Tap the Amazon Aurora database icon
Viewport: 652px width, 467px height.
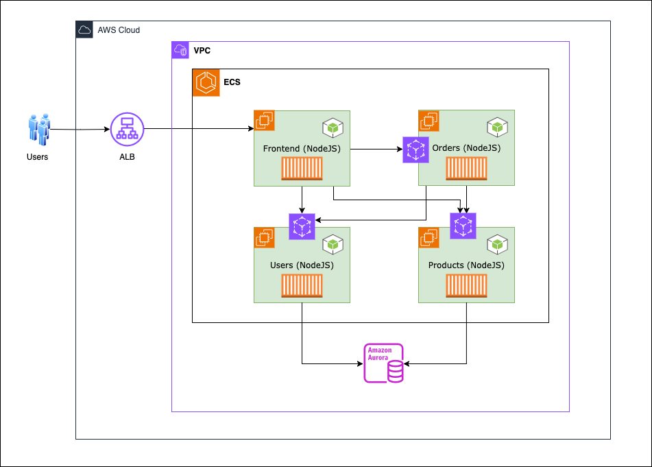click(384, 363)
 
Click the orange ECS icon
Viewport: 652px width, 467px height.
click(206, 83)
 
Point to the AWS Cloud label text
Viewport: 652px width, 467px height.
click(119, 30)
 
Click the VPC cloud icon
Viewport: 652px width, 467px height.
click(180, 50)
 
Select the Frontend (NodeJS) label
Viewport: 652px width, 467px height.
click(302, 148)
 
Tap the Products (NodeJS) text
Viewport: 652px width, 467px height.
click(466, 265)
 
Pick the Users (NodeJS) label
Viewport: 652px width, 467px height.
click(302, 265)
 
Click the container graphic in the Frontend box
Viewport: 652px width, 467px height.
click(302, 169)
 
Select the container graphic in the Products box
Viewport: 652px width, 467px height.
click(466, 286)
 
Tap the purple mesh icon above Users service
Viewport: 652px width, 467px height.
click(302, 226)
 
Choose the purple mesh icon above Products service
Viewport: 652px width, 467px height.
click(463, 226)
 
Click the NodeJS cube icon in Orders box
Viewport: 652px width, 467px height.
click(497, 128)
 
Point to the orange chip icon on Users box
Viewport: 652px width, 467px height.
click(265, 237)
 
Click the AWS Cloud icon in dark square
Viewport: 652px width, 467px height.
click(84, 30)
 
